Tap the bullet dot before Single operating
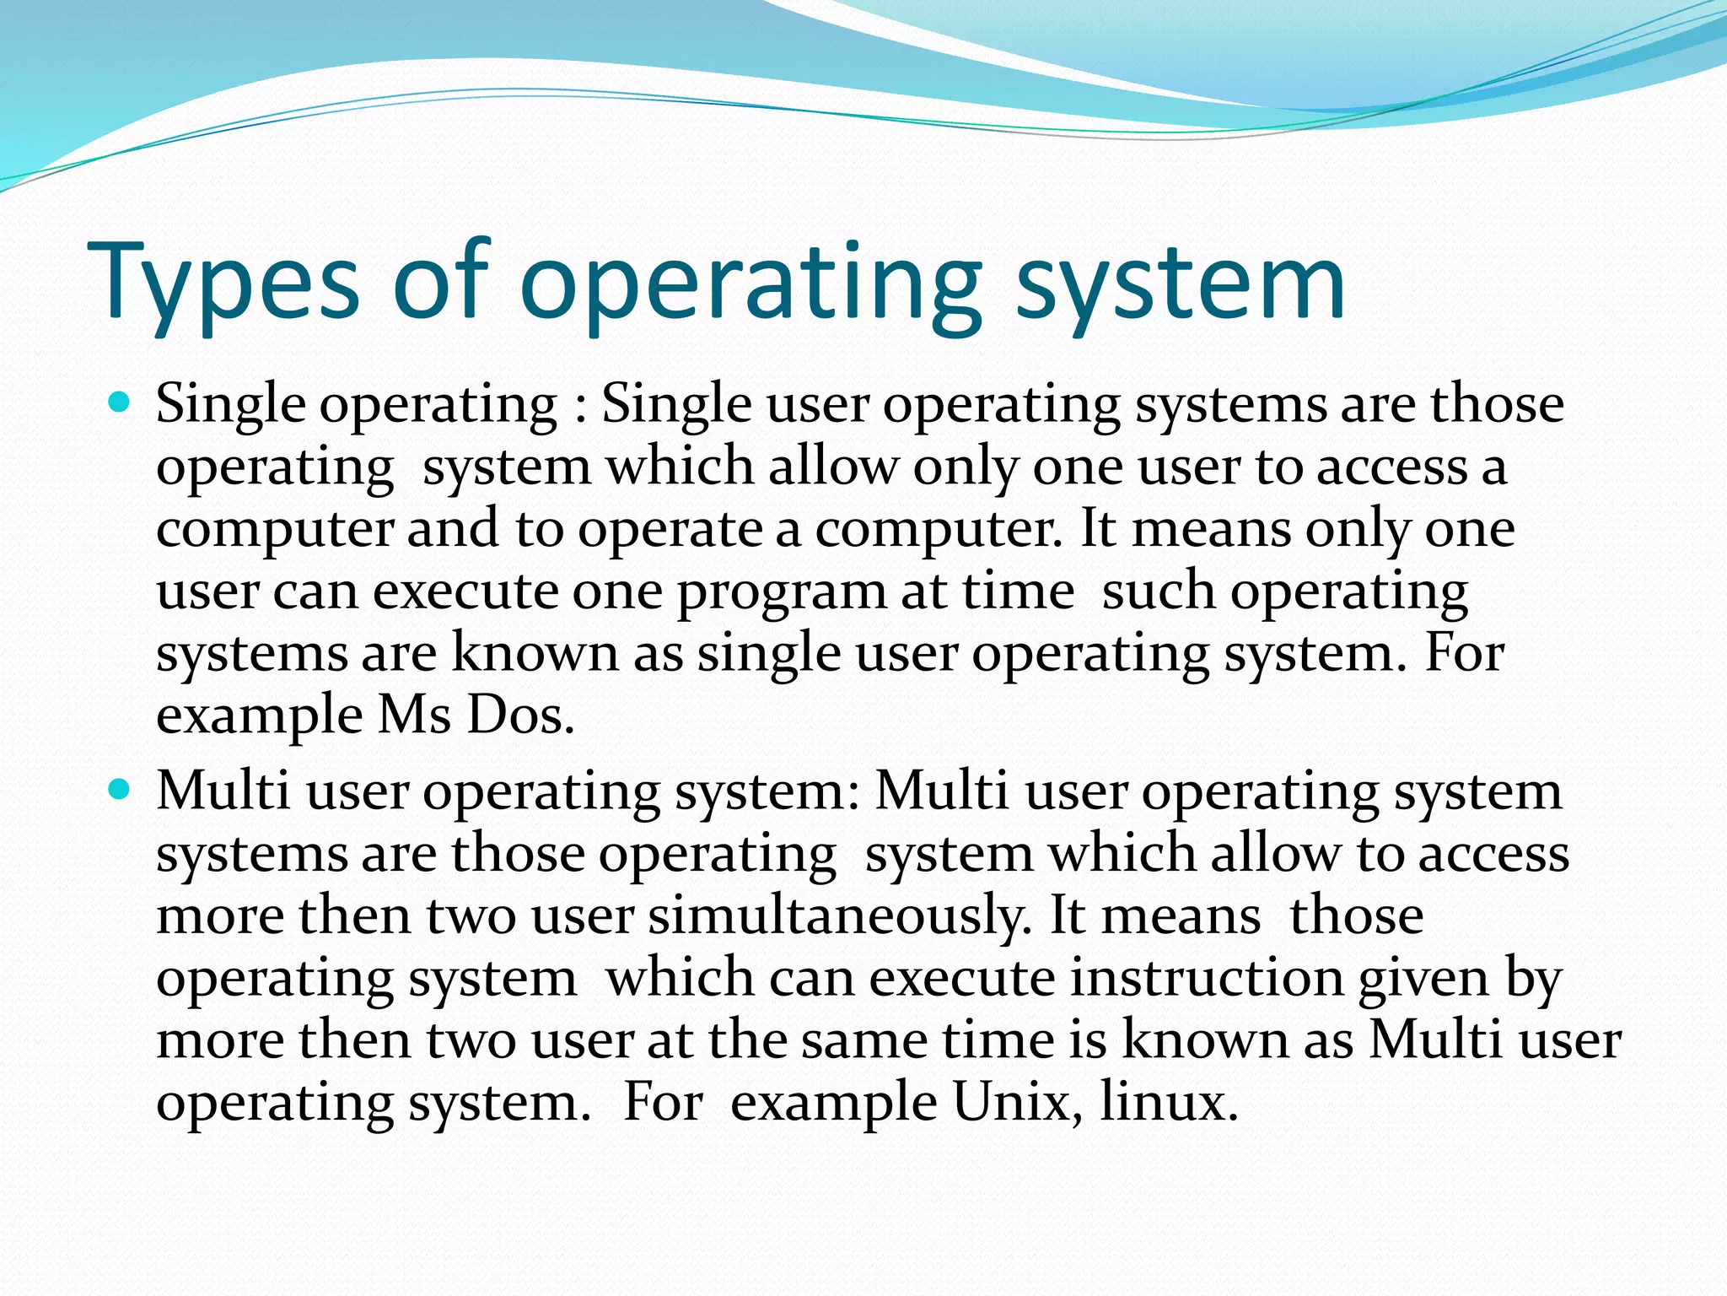(121, 402)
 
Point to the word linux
(1168, 1102)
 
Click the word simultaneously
(839, 915)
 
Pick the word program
(782, 591)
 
